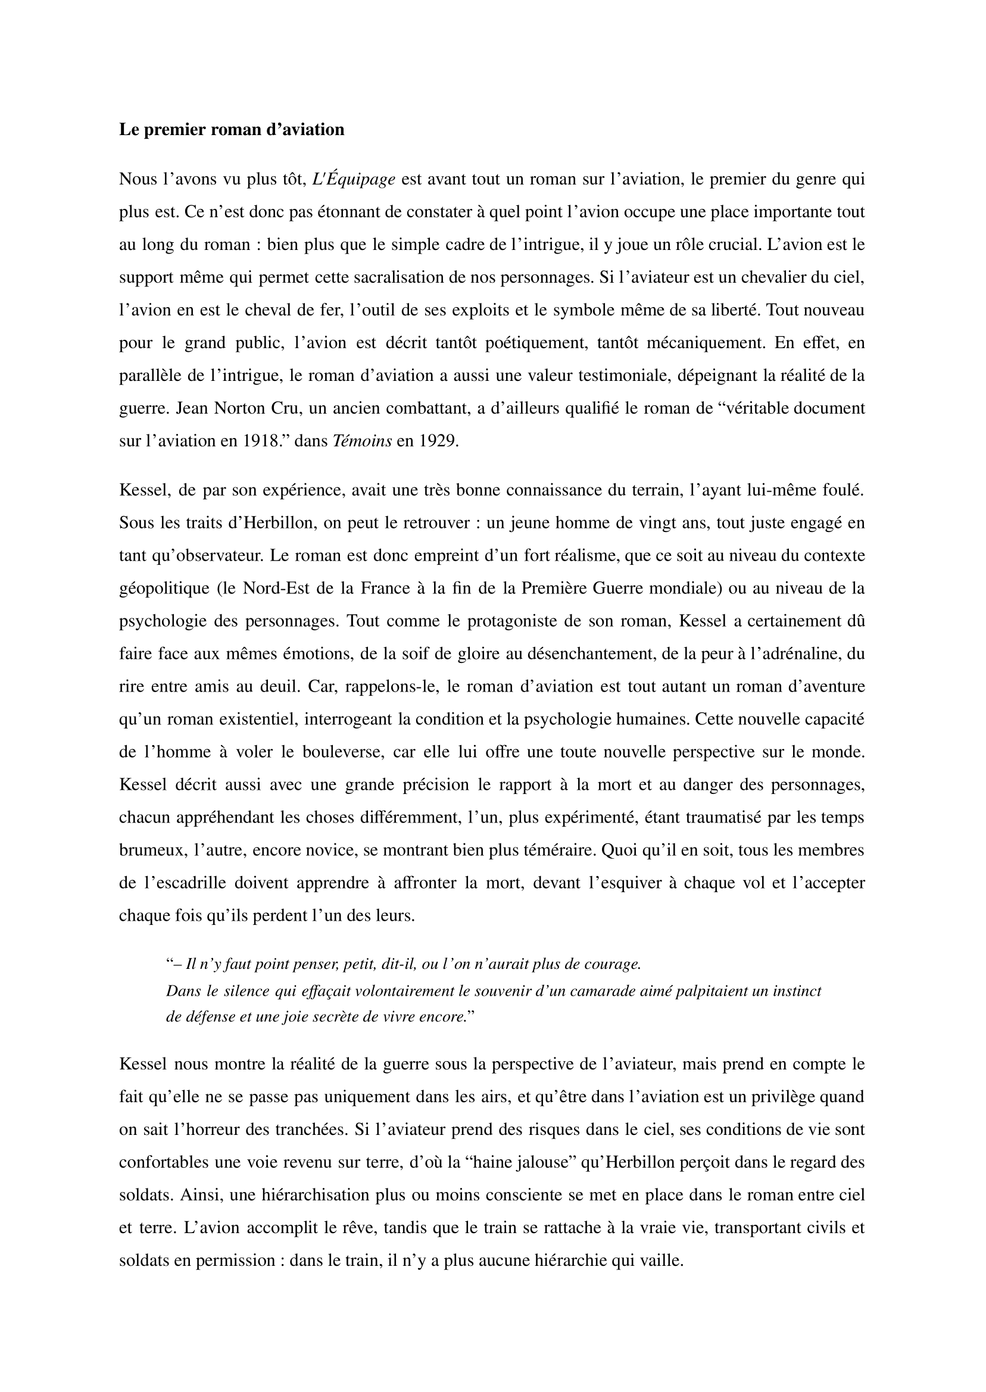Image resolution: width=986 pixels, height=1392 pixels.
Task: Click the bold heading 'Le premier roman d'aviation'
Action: tap(232, 130)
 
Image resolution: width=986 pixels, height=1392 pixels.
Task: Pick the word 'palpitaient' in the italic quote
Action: tap(698, 991)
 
